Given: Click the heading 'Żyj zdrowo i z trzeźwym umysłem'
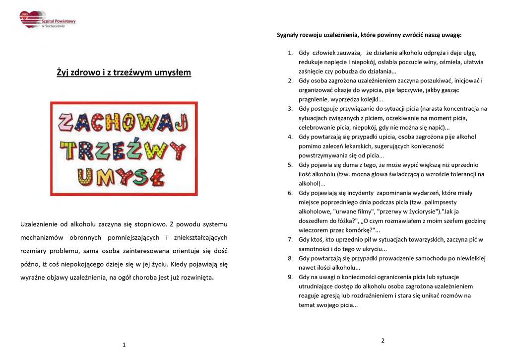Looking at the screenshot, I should click(x=124, y=72).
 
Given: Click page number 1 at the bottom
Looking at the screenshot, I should click(x=124, y=345).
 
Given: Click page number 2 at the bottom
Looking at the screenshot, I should click(x=382, y=340).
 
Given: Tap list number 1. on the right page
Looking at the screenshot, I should click(x=291, y=53).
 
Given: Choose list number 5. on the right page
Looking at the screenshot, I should click(x=291, y=165).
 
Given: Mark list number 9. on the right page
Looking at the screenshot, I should click(x=291, y=277).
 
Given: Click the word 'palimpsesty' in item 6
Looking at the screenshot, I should click(x=441, y=202).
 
